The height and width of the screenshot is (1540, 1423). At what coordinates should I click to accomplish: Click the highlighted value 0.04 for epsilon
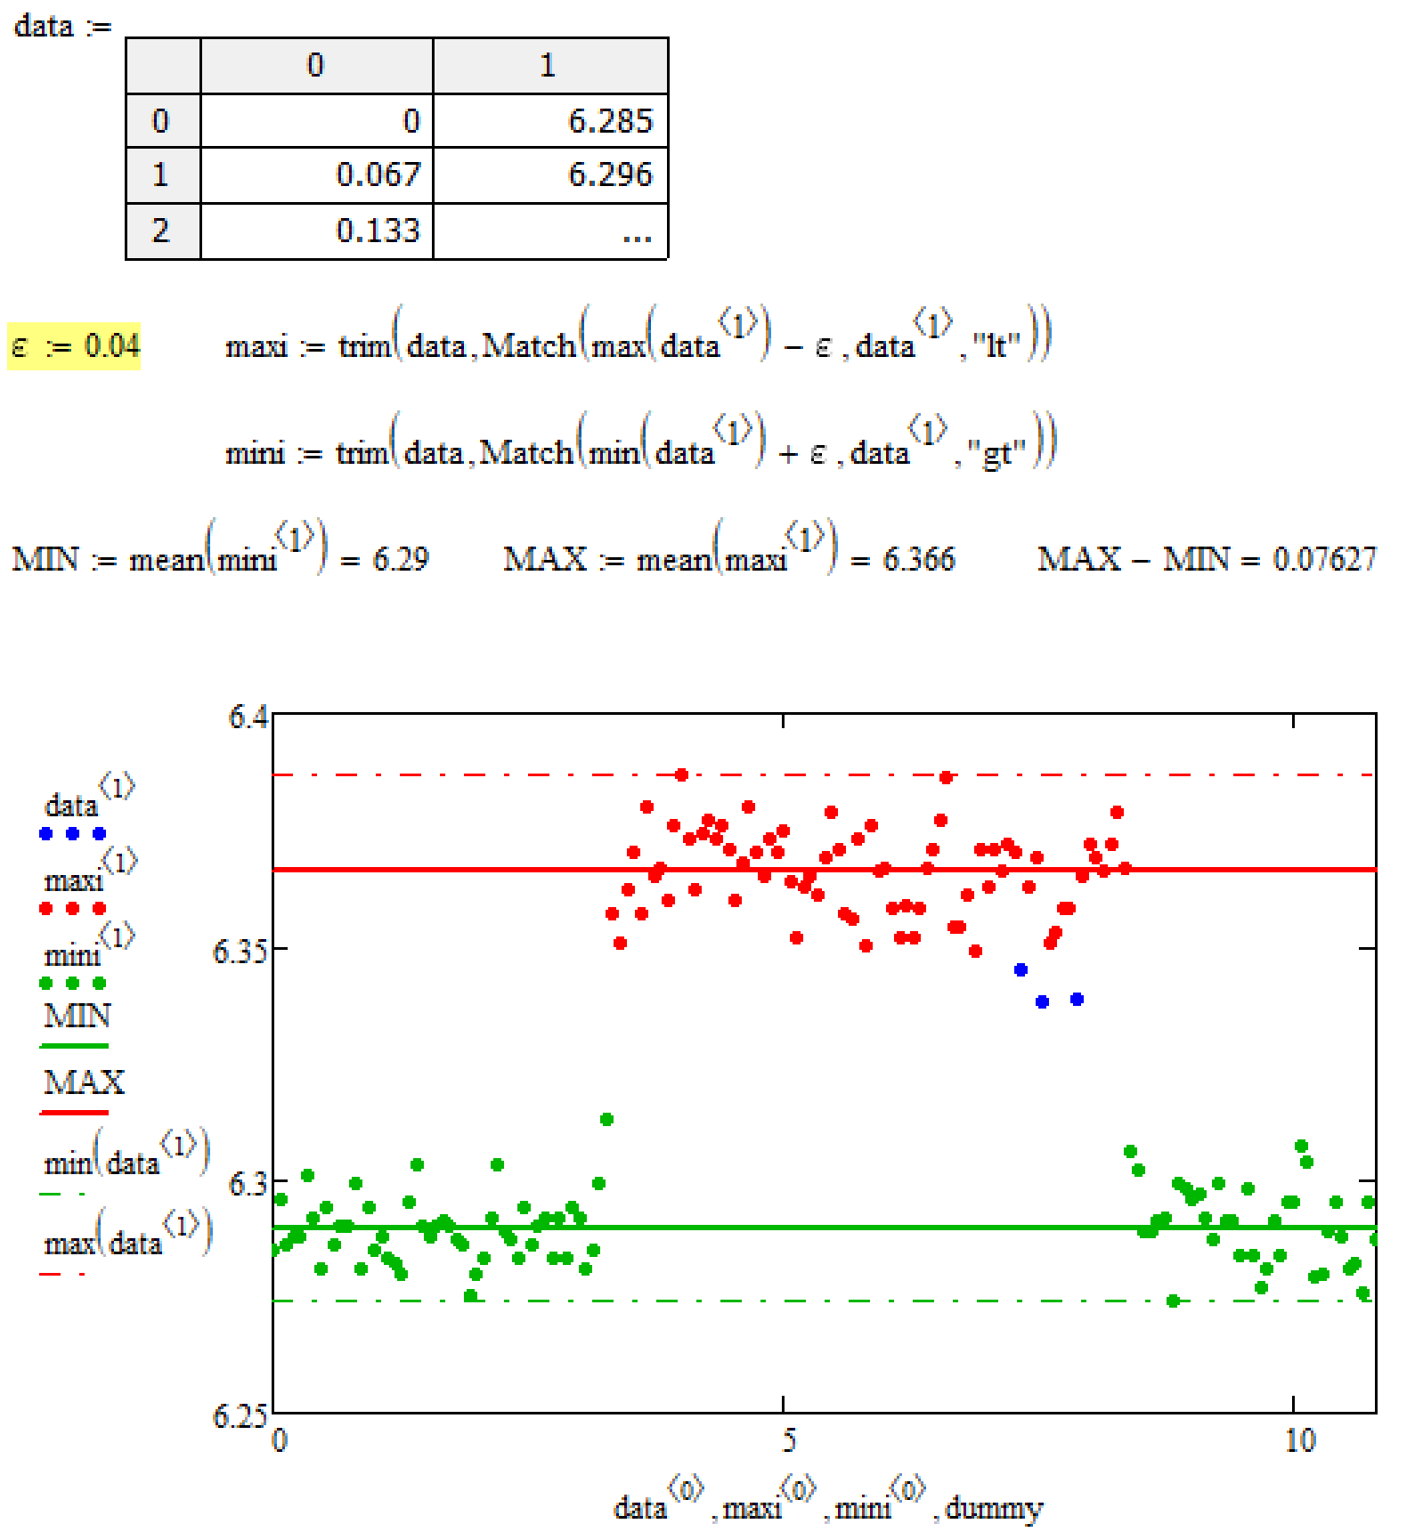tap(112, 345)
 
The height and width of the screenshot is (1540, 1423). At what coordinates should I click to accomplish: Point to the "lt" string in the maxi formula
tap(996, 345)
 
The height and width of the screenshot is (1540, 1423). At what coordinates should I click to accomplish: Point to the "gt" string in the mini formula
tap(996, 453)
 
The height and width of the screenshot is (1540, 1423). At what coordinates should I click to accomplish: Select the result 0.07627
tap(1324, 559)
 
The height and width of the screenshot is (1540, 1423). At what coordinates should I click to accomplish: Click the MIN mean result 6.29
tap(401, 559)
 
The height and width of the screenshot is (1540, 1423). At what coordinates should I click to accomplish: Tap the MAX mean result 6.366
tap(918, 559)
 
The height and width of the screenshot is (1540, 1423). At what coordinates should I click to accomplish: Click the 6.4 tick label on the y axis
tap(248, 717)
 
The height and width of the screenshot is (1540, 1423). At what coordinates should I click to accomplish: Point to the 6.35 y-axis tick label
tap(239, 951)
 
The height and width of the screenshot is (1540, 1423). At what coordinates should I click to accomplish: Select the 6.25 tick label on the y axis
tap(239, 1414)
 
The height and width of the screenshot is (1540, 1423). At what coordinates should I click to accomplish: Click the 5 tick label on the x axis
tap(788, 1439)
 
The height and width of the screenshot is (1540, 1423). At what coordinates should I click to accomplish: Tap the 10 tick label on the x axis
tap(1299, 1439)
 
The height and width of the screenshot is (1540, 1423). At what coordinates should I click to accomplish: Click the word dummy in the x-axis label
tap(993, 1508)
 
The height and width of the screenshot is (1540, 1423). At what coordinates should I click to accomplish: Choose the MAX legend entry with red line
tap(83, 1082)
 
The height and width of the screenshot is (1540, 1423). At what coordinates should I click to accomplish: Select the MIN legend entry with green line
tap(77, 1016)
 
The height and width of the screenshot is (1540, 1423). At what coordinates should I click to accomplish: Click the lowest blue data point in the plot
tap(1042, 1001)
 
